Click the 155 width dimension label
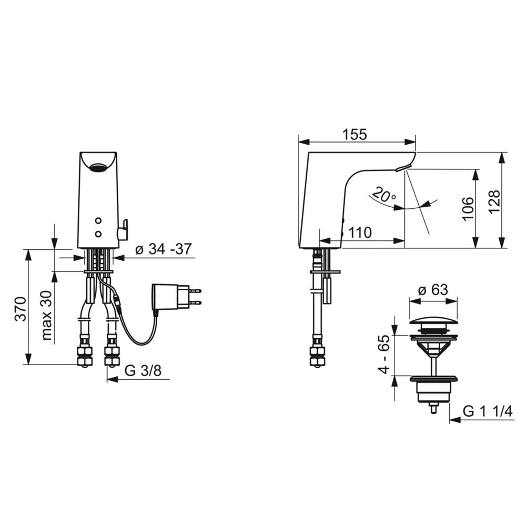[355, 135]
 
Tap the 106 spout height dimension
[468, 209]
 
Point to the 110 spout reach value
[360, 232]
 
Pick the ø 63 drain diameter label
[433, 289]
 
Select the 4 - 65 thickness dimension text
[385, 354]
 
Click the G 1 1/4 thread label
[488, 411]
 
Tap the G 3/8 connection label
[143, 371]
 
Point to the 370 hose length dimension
[21, 309]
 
